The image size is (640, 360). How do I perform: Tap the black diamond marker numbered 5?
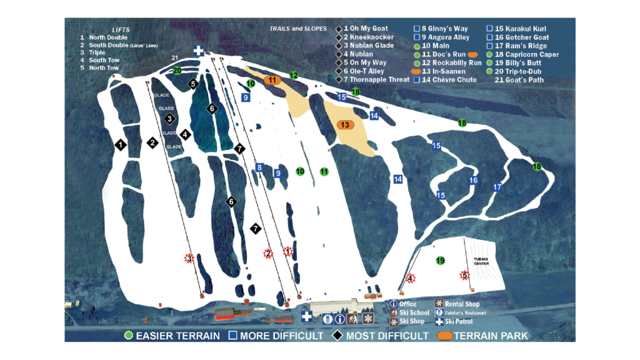(x=193, y=84)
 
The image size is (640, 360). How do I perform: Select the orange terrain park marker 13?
(x=345, y=125)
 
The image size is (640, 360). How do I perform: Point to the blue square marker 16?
(x=474, y=181)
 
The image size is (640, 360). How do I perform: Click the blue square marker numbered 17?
(x=497, y=187)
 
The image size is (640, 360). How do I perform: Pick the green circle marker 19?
(x=440, y=261)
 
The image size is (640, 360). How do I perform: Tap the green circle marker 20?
(x=177, y=71)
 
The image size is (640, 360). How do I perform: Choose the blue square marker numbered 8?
(x=259, y=167)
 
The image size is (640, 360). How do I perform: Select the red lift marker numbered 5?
(x=464, y=275)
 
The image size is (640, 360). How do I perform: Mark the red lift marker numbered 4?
(x=410, y=278)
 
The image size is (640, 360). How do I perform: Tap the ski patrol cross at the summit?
(x=199, y=51)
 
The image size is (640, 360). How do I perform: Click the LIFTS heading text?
(x=121, y=29)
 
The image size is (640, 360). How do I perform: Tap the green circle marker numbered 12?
(x=294, y=76)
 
